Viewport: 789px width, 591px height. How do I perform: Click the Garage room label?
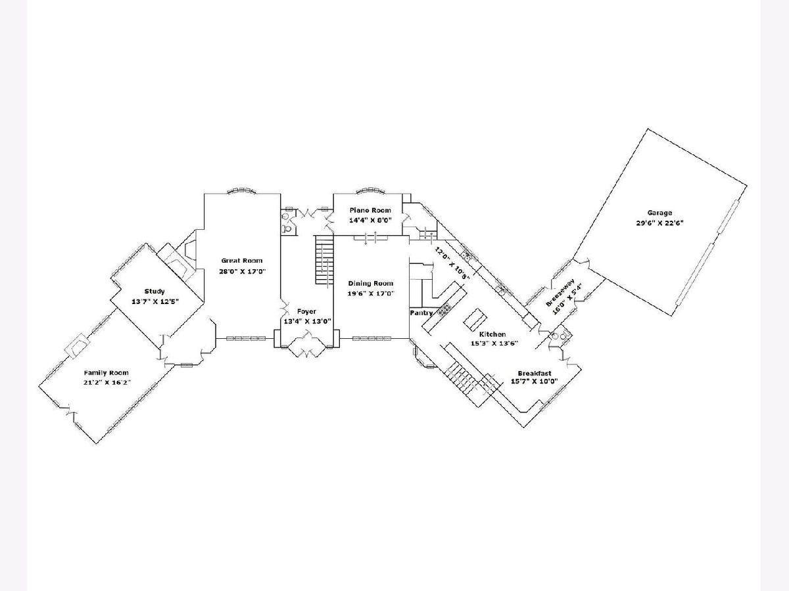659,213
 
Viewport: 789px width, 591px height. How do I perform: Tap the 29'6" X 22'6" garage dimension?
659,222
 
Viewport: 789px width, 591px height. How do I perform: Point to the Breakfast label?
534,373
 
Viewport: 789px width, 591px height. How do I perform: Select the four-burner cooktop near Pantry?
445,309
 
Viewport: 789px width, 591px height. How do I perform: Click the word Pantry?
421,313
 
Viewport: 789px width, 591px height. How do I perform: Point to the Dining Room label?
370,284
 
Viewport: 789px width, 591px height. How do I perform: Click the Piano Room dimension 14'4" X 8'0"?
370,220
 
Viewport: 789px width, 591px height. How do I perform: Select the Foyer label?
306,311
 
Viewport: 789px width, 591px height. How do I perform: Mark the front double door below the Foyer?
306,345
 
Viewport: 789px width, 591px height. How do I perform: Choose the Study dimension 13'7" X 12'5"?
156,301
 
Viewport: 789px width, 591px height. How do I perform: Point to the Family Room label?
105,372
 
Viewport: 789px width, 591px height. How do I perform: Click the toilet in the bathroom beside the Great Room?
286,229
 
